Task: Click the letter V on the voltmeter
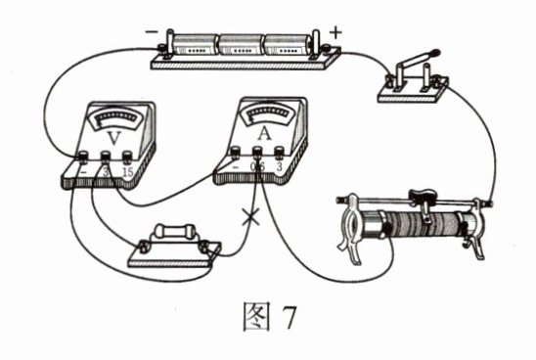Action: (x=114, y=138)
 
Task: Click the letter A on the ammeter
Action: (x=264, y=134)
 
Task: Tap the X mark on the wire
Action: (x=250, y=218)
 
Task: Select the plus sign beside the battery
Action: (x=335, y=33)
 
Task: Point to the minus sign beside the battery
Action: (x=152, y=32)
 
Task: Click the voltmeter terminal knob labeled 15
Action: (x=127, y=157)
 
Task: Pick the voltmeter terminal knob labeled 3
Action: (x=106, y=157)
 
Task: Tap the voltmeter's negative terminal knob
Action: (x=83, y=157)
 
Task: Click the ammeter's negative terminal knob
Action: (x=235, y=153)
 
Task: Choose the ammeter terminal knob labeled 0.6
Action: (x=257, y=153)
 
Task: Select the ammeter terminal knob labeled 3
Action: (x=280, y=153)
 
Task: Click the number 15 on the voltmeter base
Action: (x=128, y=172)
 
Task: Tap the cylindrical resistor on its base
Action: (x=175, y=232)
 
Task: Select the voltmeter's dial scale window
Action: (x=117, y=118)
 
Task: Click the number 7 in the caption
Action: (x=289, y=317)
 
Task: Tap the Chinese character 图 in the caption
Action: (x=256, y=317)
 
